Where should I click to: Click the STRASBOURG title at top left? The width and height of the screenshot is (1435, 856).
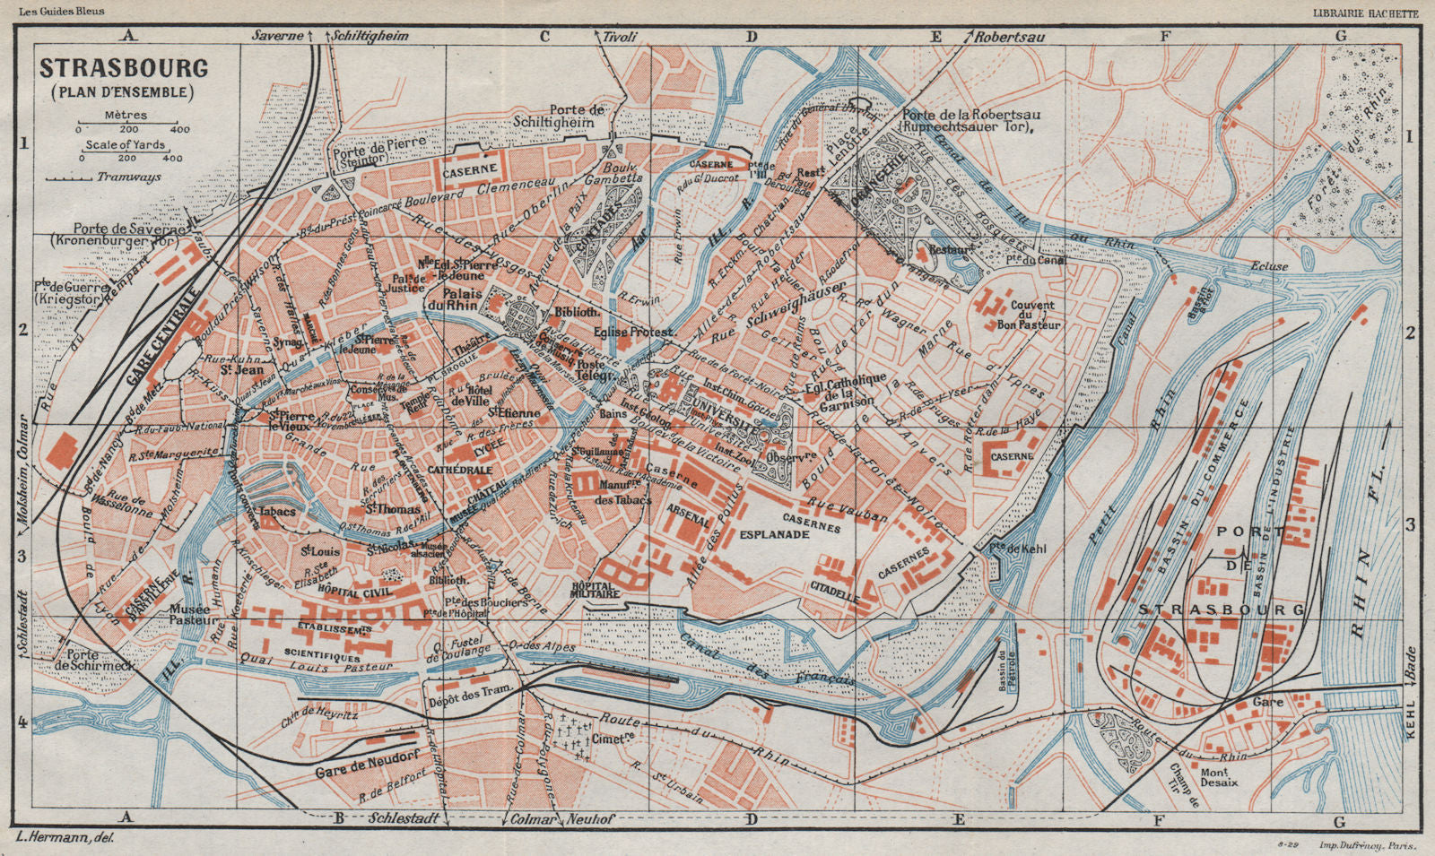(x=123, y=68)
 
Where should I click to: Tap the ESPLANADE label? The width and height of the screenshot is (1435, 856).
(x=776, y=534)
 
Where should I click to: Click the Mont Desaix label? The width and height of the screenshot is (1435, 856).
(x=1220, y=775)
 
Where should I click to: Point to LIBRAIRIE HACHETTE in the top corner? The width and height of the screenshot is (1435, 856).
(x=1365, y=12)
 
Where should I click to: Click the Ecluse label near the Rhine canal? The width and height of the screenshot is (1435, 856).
(x=1269, y=266)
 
